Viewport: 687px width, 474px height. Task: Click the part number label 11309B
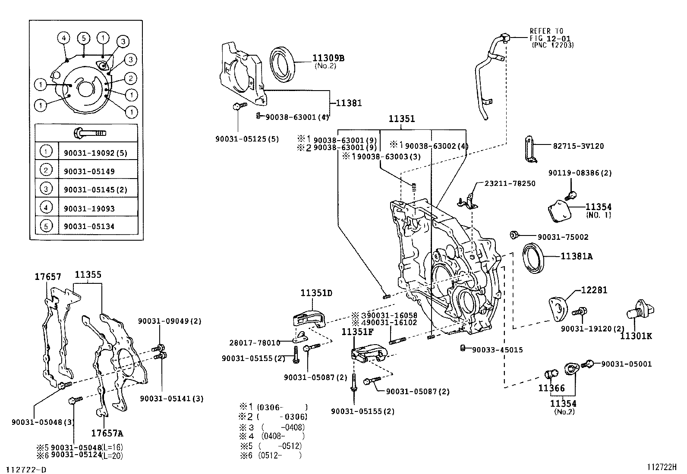click(x=328, y=58)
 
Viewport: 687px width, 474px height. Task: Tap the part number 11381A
click(x=576, y=256)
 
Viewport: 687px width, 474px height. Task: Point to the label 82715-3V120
click(x=578, y=146)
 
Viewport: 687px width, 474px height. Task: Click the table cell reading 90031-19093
click(x=89, y=209)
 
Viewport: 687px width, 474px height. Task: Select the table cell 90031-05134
click(x=89, y=226)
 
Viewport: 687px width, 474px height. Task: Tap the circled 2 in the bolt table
click(x=46, y=170)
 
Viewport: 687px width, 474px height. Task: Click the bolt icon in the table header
click(x=90, y=132)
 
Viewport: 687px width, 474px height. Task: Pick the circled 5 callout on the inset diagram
click(x=83, y=38)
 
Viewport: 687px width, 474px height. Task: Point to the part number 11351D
click(x=316, y=293)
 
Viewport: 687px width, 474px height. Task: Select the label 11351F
click(x=357, y=332)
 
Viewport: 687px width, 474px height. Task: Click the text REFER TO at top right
click(x=546, y=31)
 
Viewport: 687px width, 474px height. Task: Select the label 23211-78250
click(x=509, y=183)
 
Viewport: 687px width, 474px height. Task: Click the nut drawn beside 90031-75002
click(x=514, y=235)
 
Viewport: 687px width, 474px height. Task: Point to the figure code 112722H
click(x=662, y=467)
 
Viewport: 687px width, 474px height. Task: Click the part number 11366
click(x=551, y=388)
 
